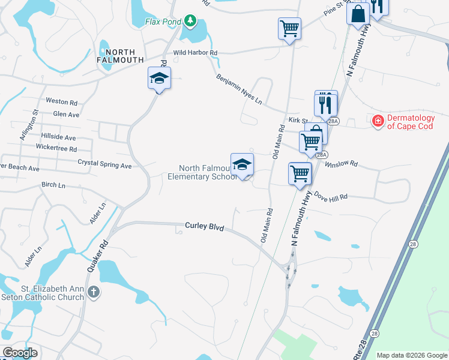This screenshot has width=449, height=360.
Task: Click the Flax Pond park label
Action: point(163,22)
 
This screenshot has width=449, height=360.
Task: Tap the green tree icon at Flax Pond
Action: point(190,22)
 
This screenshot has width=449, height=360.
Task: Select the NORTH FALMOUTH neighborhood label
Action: point(120,56)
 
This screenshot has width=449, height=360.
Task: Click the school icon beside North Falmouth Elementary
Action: point(242,165)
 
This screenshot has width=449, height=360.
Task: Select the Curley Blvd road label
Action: point(203,227)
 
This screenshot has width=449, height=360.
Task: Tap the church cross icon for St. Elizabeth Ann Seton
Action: point(93,292)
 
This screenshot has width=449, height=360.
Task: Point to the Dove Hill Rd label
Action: point(331,197)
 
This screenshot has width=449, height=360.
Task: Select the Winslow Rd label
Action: point(341,163)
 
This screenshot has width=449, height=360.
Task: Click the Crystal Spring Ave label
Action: point(104,164)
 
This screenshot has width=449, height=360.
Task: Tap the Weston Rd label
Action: point(62,103)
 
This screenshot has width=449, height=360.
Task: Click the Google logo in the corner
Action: point(20,353)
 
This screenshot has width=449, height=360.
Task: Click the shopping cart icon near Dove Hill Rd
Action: point(300,174)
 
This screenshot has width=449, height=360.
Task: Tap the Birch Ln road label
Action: point(53,185)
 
